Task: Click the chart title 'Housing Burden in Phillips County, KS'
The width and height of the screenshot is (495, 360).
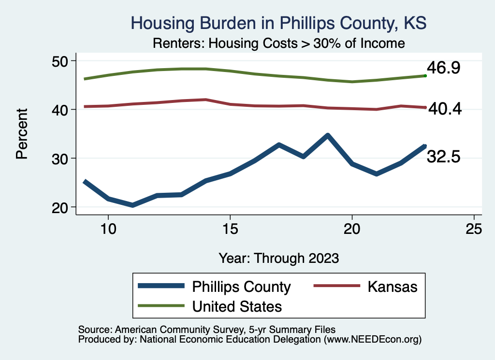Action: coord(278,23)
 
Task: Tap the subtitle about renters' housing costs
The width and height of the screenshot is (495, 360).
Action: coord(278,43)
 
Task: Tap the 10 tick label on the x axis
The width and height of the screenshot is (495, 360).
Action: coord(108,229)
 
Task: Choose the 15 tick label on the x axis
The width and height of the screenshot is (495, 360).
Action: coord(230,229)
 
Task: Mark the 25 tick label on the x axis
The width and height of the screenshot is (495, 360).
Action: coord(474,229)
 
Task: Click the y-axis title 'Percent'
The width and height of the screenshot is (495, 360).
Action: coord(22,134)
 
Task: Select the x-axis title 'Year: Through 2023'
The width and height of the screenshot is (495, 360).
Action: coord(278,258)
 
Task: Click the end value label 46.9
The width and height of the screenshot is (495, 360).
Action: coord(443,68)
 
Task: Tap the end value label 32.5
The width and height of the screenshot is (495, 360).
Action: coord(443,157)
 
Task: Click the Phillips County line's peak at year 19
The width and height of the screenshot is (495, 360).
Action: coord(328,135)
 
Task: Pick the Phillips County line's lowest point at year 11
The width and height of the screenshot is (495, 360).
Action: coord(132,205)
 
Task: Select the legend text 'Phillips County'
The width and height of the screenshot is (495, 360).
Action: coord(242,287)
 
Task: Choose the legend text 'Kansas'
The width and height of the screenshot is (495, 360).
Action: coord(392,287)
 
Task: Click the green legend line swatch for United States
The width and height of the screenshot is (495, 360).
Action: coord(161,305)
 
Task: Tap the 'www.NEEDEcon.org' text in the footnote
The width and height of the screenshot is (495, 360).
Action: coord(372,340)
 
